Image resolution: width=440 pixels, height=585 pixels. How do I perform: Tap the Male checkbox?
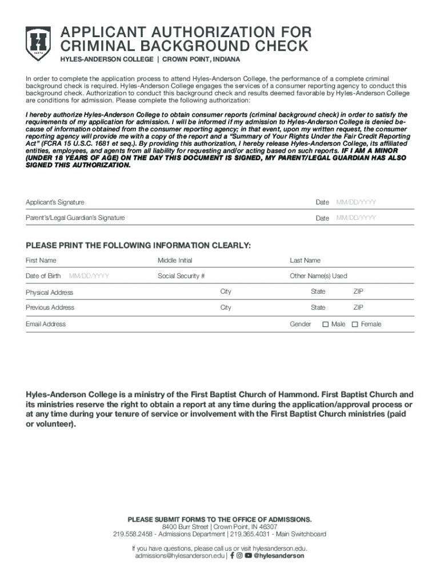pyautogui.click(x=326, y=324)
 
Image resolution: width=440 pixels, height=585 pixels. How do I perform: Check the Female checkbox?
pyautogui.click(x=355, y=324)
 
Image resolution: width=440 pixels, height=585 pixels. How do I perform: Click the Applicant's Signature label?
pyautogui.click(x=55, y=202)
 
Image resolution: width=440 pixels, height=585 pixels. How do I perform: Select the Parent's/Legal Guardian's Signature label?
pyautogui.click(x=75, y=218)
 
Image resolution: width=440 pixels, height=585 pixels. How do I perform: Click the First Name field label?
pyautogui.click(x=41, y=261)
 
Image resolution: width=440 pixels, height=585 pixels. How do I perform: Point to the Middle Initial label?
pyautogui.click(x=175, y=261)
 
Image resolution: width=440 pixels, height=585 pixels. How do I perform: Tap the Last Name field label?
pyautogui.click(x=305, y=261)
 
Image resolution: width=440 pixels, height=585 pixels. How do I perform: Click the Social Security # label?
pyautogui.click(x=181, y=276)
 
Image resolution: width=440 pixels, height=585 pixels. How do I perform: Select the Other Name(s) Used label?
pyautogui.click(x=318, y=276)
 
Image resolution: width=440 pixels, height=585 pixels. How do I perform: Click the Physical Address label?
pyautogui.click(x=50, y=292)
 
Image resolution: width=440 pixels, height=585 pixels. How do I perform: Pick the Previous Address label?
pyautogui.click(x=50, y=307)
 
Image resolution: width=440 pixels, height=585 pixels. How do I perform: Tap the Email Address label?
pyautogui.click(x=46, y=324)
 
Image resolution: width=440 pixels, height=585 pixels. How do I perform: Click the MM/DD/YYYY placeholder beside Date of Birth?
pyautogui.click(x=89, y=276)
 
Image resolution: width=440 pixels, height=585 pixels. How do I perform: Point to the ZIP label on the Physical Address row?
pyautogui.click(x=358, y=291)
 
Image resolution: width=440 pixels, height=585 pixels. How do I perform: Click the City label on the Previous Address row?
pyautogui.click(x=226, y=307)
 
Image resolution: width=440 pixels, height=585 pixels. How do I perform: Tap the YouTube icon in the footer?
pyautogui.click(x=248, y=555)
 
